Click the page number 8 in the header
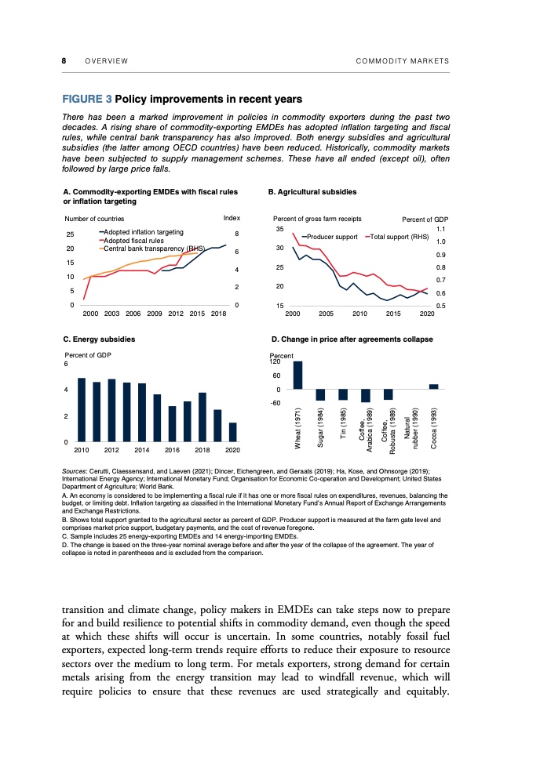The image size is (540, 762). pos(64,61)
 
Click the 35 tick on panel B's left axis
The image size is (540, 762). pos(279,229)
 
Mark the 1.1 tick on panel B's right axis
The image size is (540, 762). pos(441,229)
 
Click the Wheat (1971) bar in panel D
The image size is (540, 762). pos(298,375)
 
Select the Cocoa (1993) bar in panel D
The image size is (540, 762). pos(434,386)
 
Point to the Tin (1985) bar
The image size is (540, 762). pos(343,394)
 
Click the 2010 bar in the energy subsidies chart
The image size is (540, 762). pos(81,410)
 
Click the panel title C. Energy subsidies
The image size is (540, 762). pos(99,339)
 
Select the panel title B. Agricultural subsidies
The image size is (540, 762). pos(312,191)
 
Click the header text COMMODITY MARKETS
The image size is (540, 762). pos(402,61)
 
